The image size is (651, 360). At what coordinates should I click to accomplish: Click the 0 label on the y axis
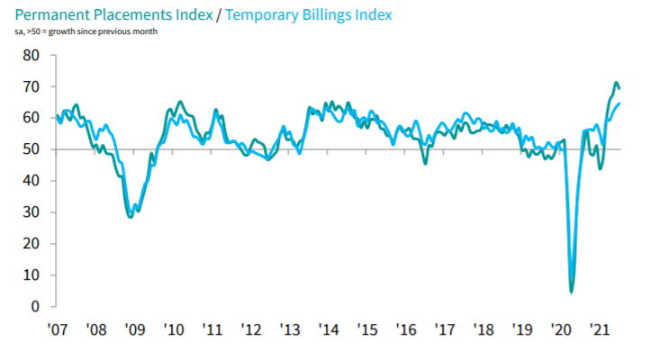coord(35,307)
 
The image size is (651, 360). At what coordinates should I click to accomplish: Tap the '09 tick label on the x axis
coord(134,330)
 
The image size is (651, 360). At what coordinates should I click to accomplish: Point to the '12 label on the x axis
coord(250,330)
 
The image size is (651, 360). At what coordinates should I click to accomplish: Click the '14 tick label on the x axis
coord(328,330)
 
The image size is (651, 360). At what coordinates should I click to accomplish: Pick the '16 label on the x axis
coord(405,330)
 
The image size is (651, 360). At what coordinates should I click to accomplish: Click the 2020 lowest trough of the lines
coord(572,292)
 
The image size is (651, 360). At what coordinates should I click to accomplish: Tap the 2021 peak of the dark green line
coord(616,83)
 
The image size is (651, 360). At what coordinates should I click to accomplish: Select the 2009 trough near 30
coord(131,217)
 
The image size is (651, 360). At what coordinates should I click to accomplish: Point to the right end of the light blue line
coord(620,103)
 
